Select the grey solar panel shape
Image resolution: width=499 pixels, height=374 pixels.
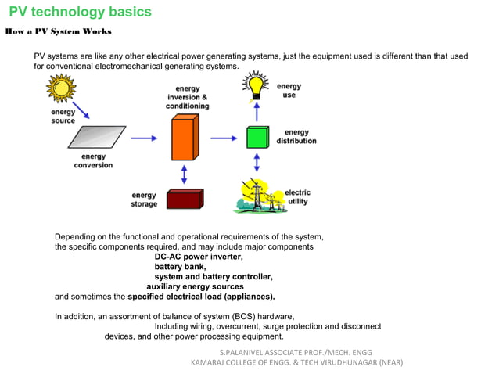[98, 138]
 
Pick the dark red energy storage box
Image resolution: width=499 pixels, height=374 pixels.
[185, 199]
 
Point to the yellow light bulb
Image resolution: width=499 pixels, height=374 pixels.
[256, 84]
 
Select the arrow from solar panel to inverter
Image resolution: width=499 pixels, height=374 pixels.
[143, 138]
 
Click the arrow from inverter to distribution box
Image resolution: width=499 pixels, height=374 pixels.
[223, 138]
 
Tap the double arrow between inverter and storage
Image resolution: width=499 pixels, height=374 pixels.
[185, 173]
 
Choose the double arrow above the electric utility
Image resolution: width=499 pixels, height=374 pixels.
[257, 163]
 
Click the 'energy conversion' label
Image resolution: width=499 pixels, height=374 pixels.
[93, 161]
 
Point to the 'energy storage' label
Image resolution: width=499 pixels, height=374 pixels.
[144, 200]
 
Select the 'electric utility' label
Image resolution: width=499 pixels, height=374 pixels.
[297, 197]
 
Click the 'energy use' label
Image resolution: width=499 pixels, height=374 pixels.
[289, 91]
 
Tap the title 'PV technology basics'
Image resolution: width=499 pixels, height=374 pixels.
[80, 13]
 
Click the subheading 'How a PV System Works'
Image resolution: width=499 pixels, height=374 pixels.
[58, 32]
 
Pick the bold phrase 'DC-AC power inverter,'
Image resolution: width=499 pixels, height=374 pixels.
[199, 257]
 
